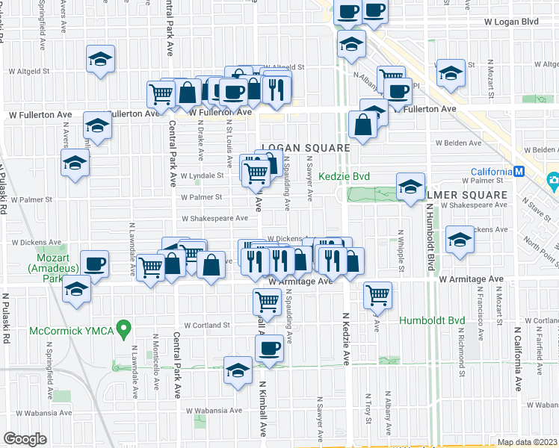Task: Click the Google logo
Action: pos(25,439)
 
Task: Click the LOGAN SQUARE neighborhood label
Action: pos(306,148)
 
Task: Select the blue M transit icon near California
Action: pos(519,172)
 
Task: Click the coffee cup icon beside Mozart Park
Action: pos(95,263)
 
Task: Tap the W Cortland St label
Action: pos(203,326)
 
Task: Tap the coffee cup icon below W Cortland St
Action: pos(269,347)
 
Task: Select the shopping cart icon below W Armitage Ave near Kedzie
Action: pos(378,294)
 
